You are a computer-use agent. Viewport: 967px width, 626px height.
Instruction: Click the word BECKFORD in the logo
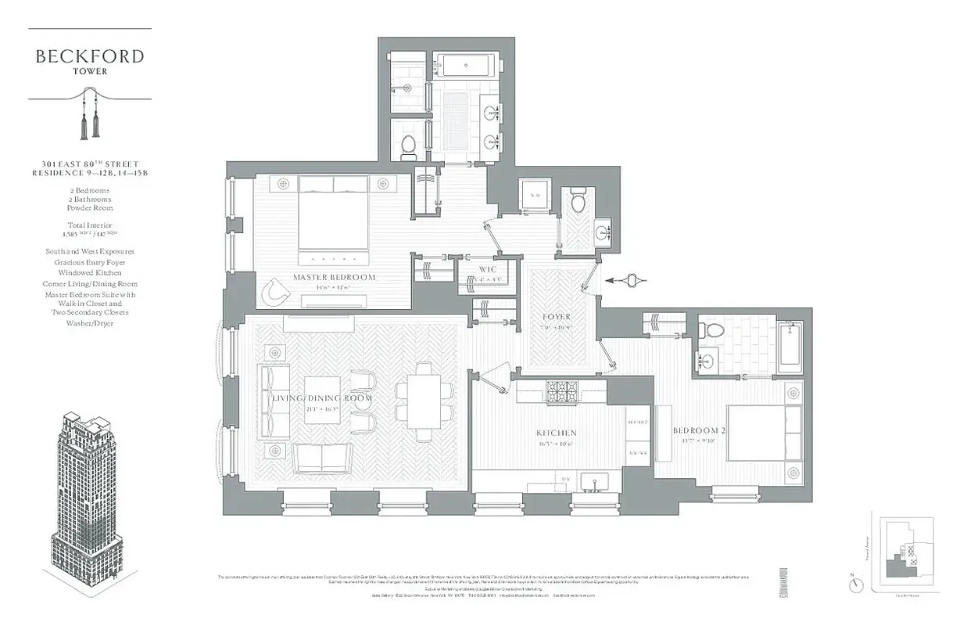tap(90, 56)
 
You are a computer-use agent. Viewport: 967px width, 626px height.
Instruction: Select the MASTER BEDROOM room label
tap(334, 277)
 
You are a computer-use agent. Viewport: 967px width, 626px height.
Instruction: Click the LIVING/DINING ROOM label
tap(321, 398)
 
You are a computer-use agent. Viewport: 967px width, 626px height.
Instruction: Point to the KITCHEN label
tap(556, 433)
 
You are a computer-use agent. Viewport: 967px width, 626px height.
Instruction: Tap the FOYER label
tap(557, 317)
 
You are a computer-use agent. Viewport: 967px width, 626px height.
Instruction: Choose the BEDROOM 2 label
tap(700, 430)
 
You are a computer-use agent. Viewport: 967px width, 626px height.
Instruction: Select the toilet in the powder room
tap(578, 203)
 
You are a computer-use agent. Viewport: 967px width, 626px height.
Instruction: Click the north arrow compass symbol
tap(858, 583)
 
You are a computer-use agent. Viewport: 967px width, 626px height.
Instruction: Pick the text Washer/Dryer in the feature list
tap(90, 323)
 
